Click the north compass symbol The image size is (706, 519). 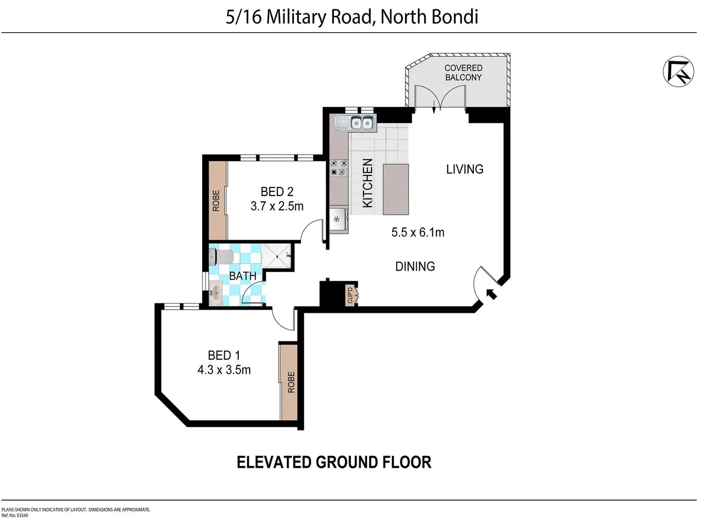(x=679, y=72)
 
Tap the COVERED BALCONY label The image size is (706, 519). (x=463, y=73)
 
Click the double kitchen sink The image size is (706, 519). (x=361, y=123)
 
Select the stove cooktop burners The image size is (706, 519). (x=338, y=168)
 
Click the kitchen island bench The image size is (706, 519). (x=396, y=189)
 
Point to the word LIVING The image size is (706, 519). (x=464, y=169)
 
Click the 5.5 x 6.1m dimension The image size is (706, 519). (x=418, y=233)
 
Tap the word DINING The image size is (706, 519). (x=415, y=266)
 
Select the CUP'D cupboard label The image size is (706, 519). (x=350, y=295)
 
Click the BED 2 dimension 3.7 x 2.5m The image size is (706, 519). (x=277, y=206)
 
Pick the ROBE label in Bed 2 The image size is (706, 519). (x=216, y=200)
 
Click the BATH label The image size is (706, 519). (x=243, y=276)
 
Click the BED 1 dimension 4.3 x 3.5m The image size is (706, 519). (x=224, y=370)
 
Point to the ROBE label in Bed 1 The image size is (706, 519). (x=291, y=382)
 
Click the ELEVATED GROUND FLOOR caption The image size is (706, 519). (x=334, y=462)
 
